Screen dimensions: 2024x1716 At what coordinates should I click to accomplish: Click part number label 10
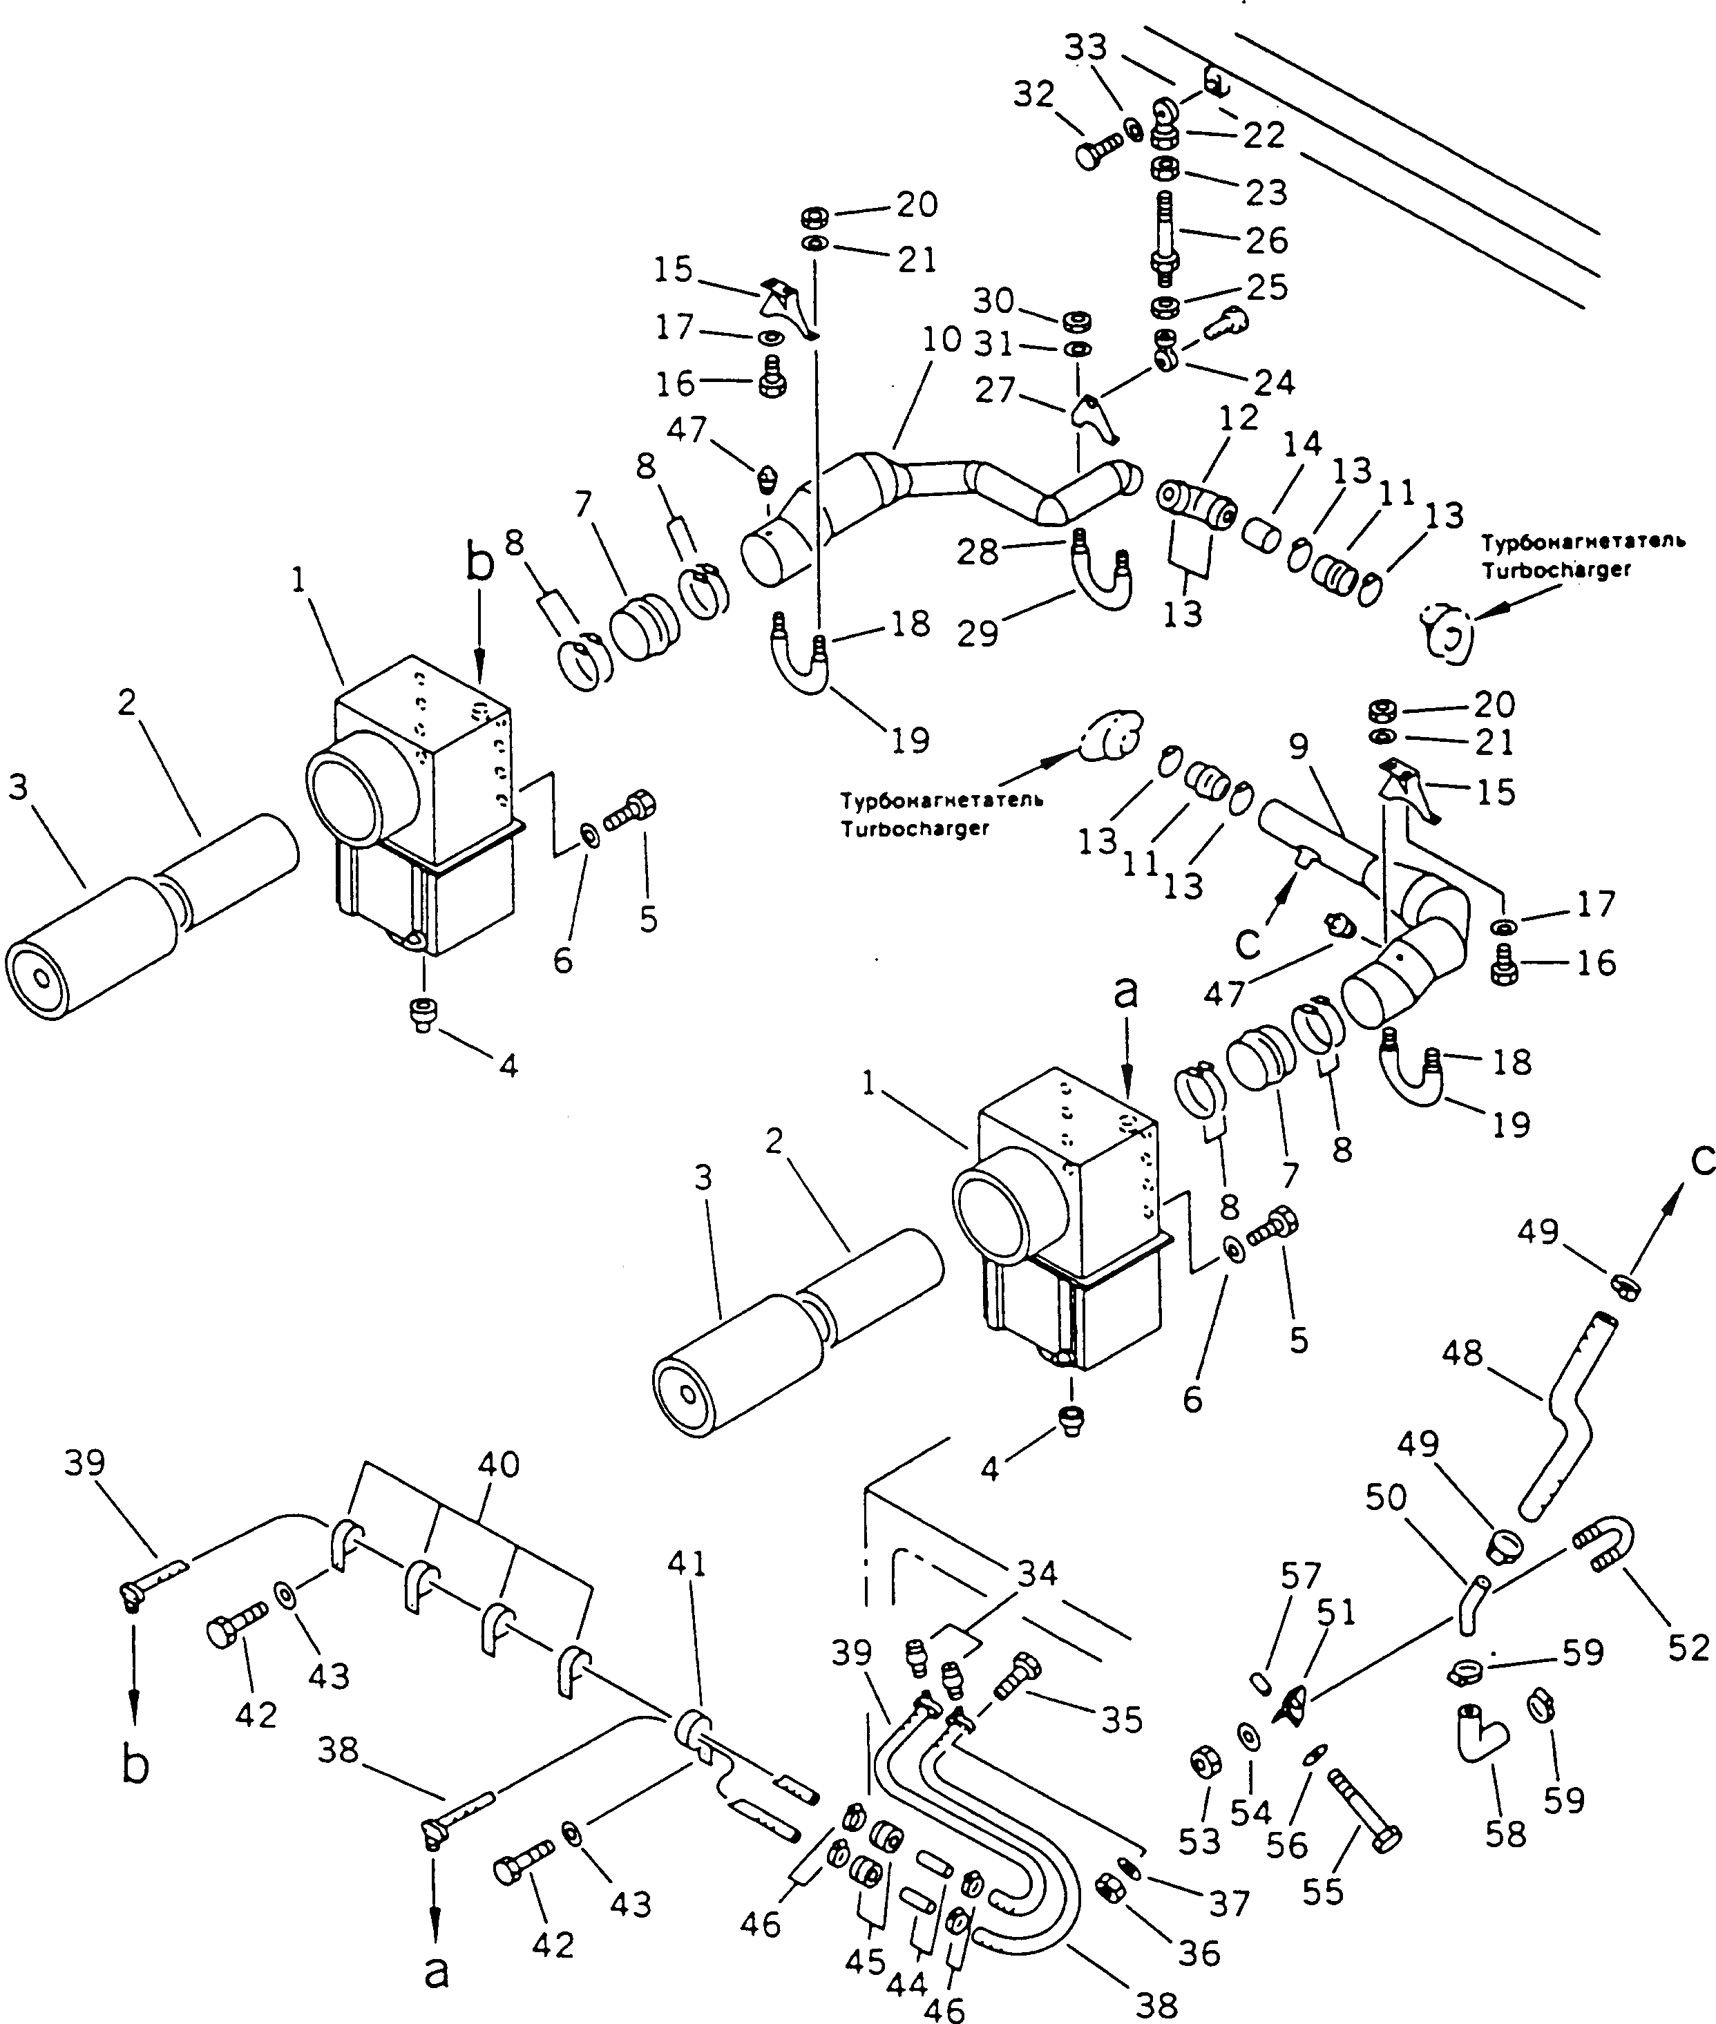[x=941, y=341]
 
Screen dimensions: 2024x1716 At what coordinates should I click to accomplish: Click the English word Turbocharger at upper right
[x=1556, y=571]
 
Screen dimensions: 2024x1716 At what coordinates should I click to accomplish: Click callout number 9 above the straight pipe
[x=1299, y=747]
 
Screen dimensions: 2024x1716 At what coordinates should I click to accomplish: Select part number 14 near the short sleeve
[x=1302, y=444]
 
